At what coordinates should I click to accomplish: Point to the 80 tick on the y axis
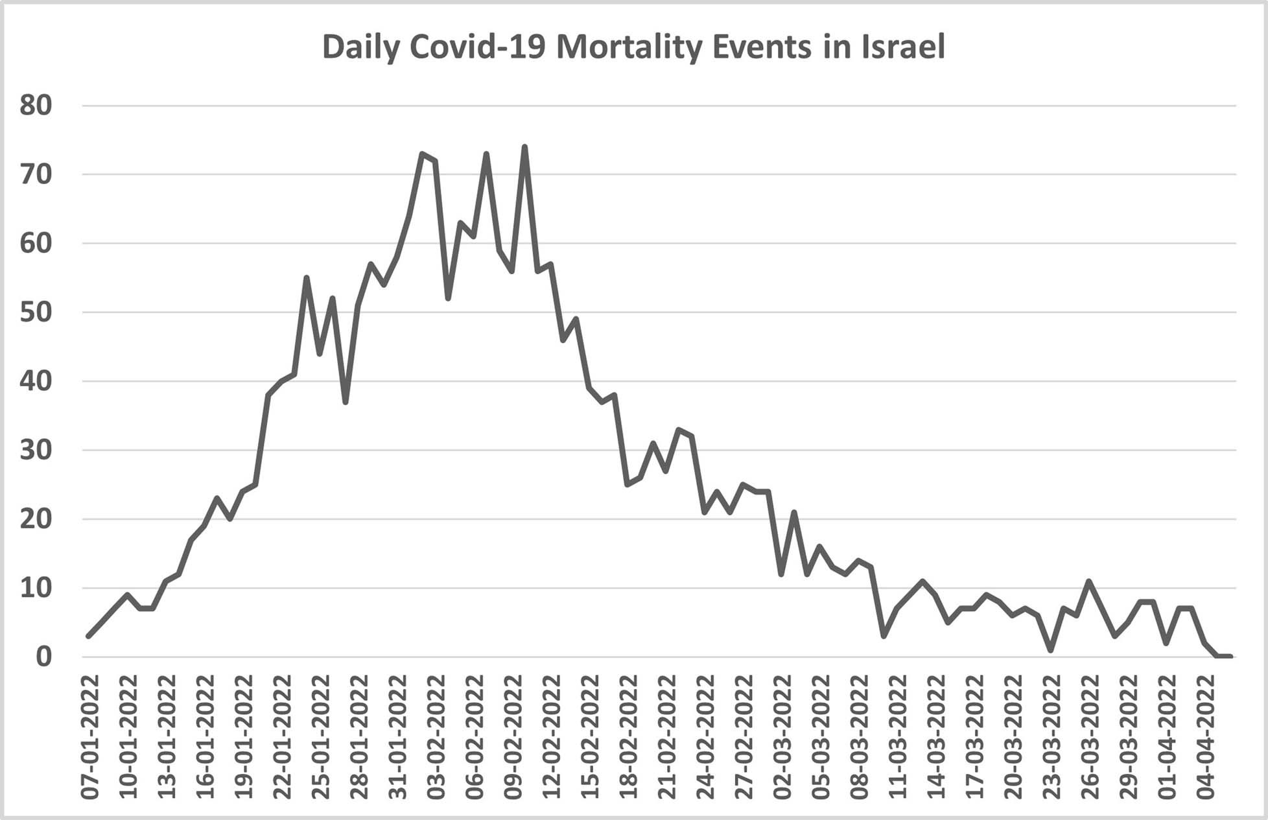(x=36, y=105)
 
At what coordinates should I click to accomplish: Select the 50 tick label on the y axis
(x=36, y=312)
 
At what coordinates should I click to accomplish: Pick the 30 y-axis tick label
(x=36, y=450)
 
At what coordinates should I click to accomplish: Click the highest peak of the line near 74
(x=524, y=147)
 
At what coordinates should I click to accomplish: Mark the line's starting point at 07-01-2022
(x=89, y=636)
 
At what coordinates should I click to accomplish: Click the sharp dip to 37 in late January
(x=346, y=402)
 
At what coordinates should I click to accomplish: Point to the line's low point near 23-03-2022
(x=1050, y=650)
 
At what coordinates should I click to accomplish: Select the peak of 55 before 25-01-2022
(x=307, y=278)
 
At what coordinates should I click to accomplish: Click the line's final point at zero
(x=1230, y=657)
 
